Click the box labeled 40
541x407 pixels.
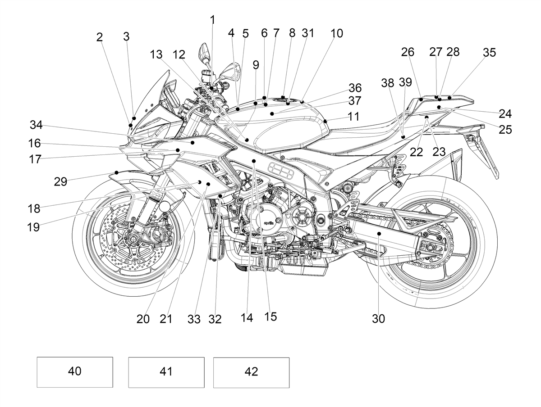pyautogui.click(x=75, y=372)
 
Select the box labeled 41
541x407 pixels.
pyautogui.click(x=166, y=372)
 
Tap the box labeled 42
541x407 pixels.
pyautogui.click(x=251, y=372)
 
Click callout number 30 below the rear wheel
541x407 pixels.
pyautogui.click(x=378, y=319)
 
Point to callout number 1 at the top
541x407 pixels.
pyautogui.click(x=212, y=20)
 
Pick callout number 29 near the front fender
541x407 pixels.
pyautogui.click(x=60, y=181)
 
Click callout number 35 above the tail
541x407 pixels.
pyautogui.click(x=489, y=52)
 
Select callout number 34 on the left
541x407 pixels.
pyautogui.click(x=36, y=125)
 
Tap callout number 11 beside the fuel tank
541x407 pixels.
pyautogui.click(x=353, y=117)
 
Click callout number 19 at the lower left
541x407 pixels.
pyautogui.click(x=33, y=227)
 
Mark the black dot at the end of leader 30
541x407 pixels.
pyautogui.click(x=379, y=234)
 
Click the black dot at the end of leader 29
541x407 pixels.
pyautogui.click(x=117, y=172)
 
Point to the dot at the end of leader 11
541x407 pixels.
pyautogui.click(x=326, y=121)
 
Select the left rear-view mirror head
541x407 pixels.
pyautogui.click(x=204, y=53)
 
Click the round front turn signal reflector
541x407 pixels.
pyautogui.click(x=165, y=206)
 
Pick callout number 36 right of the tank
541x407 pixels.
pyautogui.click(x=355, y=88)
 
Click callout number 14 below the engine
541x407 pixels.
pyautogui.click(x=247, y=318)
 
